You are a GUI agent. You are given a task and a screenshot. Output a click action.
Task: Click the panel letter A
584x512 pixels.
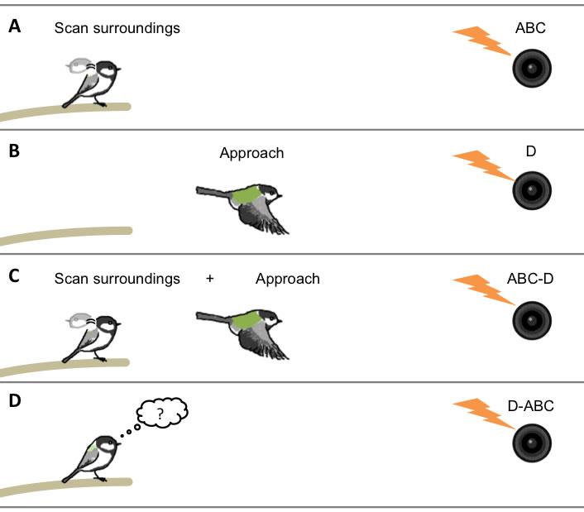click(x=14, y=27)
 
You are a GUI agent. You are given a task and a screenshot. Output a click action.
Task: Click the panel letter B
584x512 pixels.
click(x=14, y=152)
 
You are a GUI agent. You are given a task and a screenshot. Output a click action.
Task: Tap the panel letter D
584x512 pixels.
click(x=15, y=403)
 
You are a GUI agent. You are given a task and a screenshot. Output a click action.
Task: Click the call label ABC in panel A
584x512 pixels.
click(x=530, y=28)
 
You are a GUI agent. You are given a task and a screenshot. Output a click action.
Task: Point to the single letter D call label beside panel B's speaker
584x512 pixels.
click(x=529, y=152)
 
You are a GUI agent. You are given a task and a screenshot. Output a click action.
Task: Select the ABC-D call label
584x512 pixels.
click(x=529, y=279)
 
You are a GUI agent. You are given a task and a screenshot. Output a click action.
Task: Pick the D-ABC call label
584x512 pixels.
click(x=530, y=405)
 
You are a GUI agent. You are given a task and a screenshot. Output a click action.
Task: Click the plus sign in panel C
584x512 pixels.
click(x=209, y=279)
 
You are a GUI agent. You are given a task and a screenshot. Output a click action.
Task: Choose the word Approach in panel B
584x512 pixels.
click(x=251, y=153)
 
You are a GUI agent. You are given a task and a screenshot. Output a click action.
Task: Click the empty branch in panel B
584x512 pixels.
click(x=66, y=235)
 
